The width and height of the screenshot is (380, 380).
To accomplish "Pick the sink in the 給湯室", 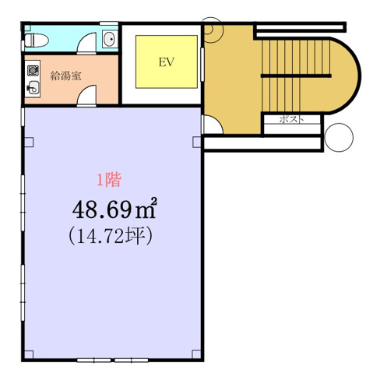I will [x=33, y=88].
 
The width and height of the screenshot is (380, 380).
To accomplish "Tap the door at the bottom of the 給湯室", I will [x=89, y=97].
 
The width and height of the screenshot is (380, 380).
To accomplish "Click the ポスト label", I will [x=290, y=119].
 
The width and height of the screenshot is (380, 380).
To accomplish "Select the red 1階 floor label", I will [x=109, y=180].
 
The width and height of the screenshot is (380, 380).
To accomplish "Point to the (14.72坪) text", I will [x=109, y=235].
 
